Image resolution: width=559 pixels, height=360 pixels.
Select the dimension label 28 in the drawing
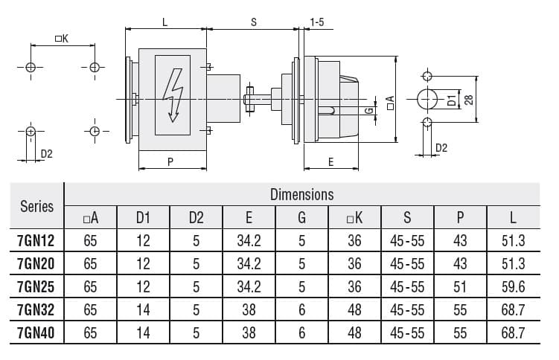pyautogui.click(x=469, y=98)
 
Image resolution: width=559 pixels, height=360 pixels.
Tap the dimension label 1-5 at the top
pyautogui.click(x=316, y=23)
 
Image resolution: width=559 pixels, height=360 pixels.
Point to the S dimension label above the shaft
pyautogui.click(x=253, y=23)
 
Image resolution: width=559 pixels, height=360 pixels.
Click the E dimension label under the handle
pyautogui.click(x=330, y=161)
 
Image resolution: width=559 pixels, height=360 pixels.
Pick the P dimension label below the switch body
pyautogui.click(x=170, y=161)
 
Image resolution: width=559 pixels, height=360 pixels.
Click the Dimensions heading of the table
pyautogui.click(x=301, y=195)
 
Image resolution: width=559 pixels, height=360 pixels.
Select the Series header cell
pyautogui.click(x=36, y=206)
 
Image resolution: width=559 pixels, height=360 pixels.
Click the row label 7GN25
pyautogui.click(x=36, y=286)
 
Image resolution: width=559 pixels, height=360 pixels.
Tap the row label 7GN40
pyautogui.click(x=36, y=333)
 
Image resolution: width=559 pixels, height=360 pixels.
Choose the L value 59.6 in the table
pyautogui.click(x=514, y=286)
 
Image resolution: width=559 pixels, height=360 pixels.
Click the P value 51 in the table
pyautogui.click(x=461, y=286)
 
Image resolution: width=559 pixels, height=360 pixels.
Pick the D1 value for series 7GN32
pyautogui.click(x=143, y=310)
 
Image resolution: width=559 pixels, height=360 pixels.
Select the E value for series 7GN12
pyautogui.click(x=249, y=240)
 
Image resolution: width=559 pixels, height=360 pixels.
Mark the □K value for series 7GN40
pyautogui.click(x=354, y=333)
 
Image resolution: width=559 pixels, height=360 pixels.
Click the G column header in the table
pyautogui.click(x=301, y=217)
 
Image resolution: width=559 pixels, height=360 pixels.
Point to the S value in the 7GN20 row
pyautogui.click(x=407, y=263)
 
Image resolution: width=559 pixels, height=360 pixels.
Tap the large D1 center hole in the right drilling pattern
pyautogui.click(x=427, y=99)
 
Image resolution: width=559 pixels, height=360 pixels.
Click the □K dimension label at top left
pyautogui.click(x=62, y=39)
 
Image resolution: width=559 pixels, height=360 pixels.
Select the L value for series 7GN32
pyautogui.click(x=514, y=310)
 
